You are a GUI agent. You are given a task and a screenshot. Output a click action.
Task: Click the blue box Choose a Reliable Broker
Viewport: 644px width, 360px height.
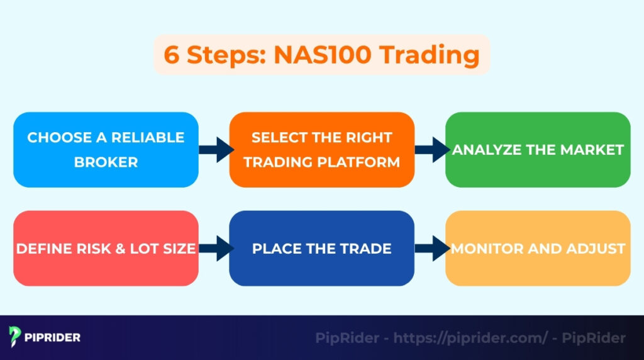click(x=106, y=149)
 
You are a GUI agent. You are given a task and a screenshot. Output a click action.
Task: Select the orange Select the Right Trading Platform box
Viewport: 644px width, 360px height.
click(x=321, y=149)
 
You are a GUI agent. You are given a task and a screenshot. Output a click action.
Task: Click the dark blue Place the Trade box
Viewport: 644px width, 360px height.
click(x=321, y=248)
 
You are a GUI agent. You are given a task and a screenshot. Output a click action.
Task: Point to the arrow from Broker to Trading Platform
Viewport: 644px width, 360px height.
click(x=214, y=150)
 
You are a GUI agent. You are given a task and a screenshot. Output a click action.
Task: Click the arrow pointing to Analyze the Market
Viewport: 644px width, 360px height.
click(x=430, y=150)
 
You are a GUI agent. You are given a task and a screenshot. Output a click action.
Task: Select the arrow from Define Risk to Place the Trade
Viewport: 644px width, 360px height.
click(x=214, y=248)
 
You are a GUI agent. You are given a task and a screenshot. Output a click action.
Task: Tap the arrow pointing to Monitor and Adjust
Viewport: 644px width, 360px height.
click(x=430, y=248)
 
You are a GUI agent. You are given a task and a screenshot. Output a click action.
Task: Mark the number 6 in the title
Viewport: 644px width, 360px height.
click(x=170, y=55)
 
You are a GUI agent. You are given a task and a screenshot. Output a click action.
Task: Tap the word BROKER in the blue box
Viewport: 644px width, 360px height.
click(x=106, y=162)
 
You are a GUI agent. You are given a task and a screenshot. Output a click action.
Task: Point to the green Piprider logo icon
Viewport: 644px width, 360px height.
click(x=16, y=337)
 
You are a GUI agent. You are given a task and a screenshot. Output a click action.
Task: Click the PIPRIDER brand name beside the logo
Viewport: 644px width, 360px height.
click(x=53, y=337)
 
